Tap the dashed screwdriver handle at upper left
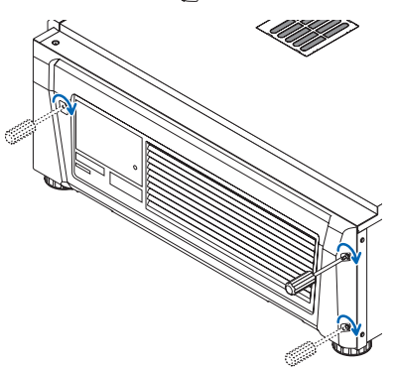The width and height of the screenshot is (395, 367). tap(25, 129)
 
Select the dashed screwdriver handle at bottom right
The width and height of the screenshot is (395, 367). tap(304, 349)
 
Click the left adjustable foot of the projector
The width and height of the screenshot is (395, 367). tap(52, 183)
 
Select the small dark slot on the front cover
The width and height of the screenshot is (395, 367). tap(88, 170)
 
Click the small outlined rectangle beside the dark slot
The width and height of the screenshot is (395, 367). tap(123, 183)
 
